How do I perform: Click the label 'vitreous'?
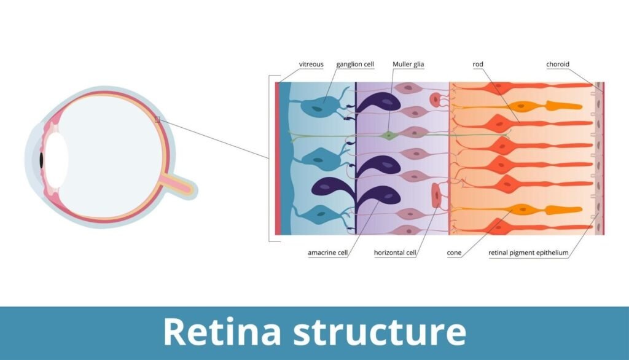pos(311,64)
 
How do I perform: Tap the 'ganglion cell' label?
pos(354,64)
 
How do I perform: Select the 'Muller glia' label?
pos(408,64)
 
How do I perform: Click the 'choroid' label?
pos(558,64)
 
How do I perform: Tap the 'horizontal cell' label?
pos(396,252)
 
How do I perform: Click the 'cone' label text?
pos(455,252)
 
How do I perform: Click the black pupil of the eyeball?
pos(41,160)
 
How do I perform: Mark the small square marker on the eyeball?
pos(157,119)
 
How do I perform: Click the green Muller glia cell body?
pos(388,135)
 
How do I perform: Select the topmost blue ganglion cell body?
pos(318,106)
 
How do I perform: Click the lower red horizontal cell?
pos(436,195)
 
